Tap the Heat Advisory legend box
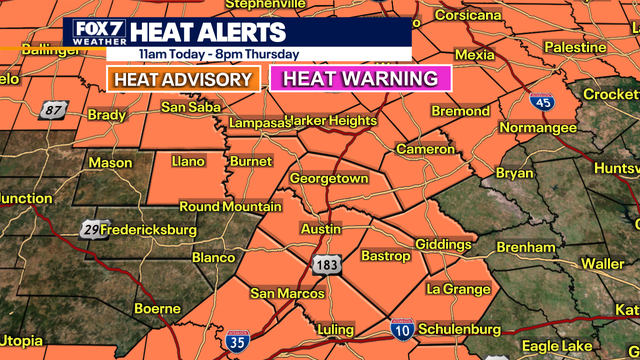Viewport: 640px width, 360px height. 184,79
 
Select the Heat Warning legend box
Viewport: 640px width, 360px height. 361,79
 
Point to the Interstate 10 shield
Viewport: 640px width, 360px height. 400,327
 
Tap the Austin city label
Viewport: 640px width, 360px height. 322,229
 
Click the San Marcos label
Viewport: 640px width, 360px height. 287,293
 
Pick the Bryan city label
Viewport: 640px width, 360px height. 514,172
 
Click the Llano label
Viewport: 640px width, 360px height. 188,161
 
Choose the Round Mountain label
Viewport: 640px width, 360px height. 230,207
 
